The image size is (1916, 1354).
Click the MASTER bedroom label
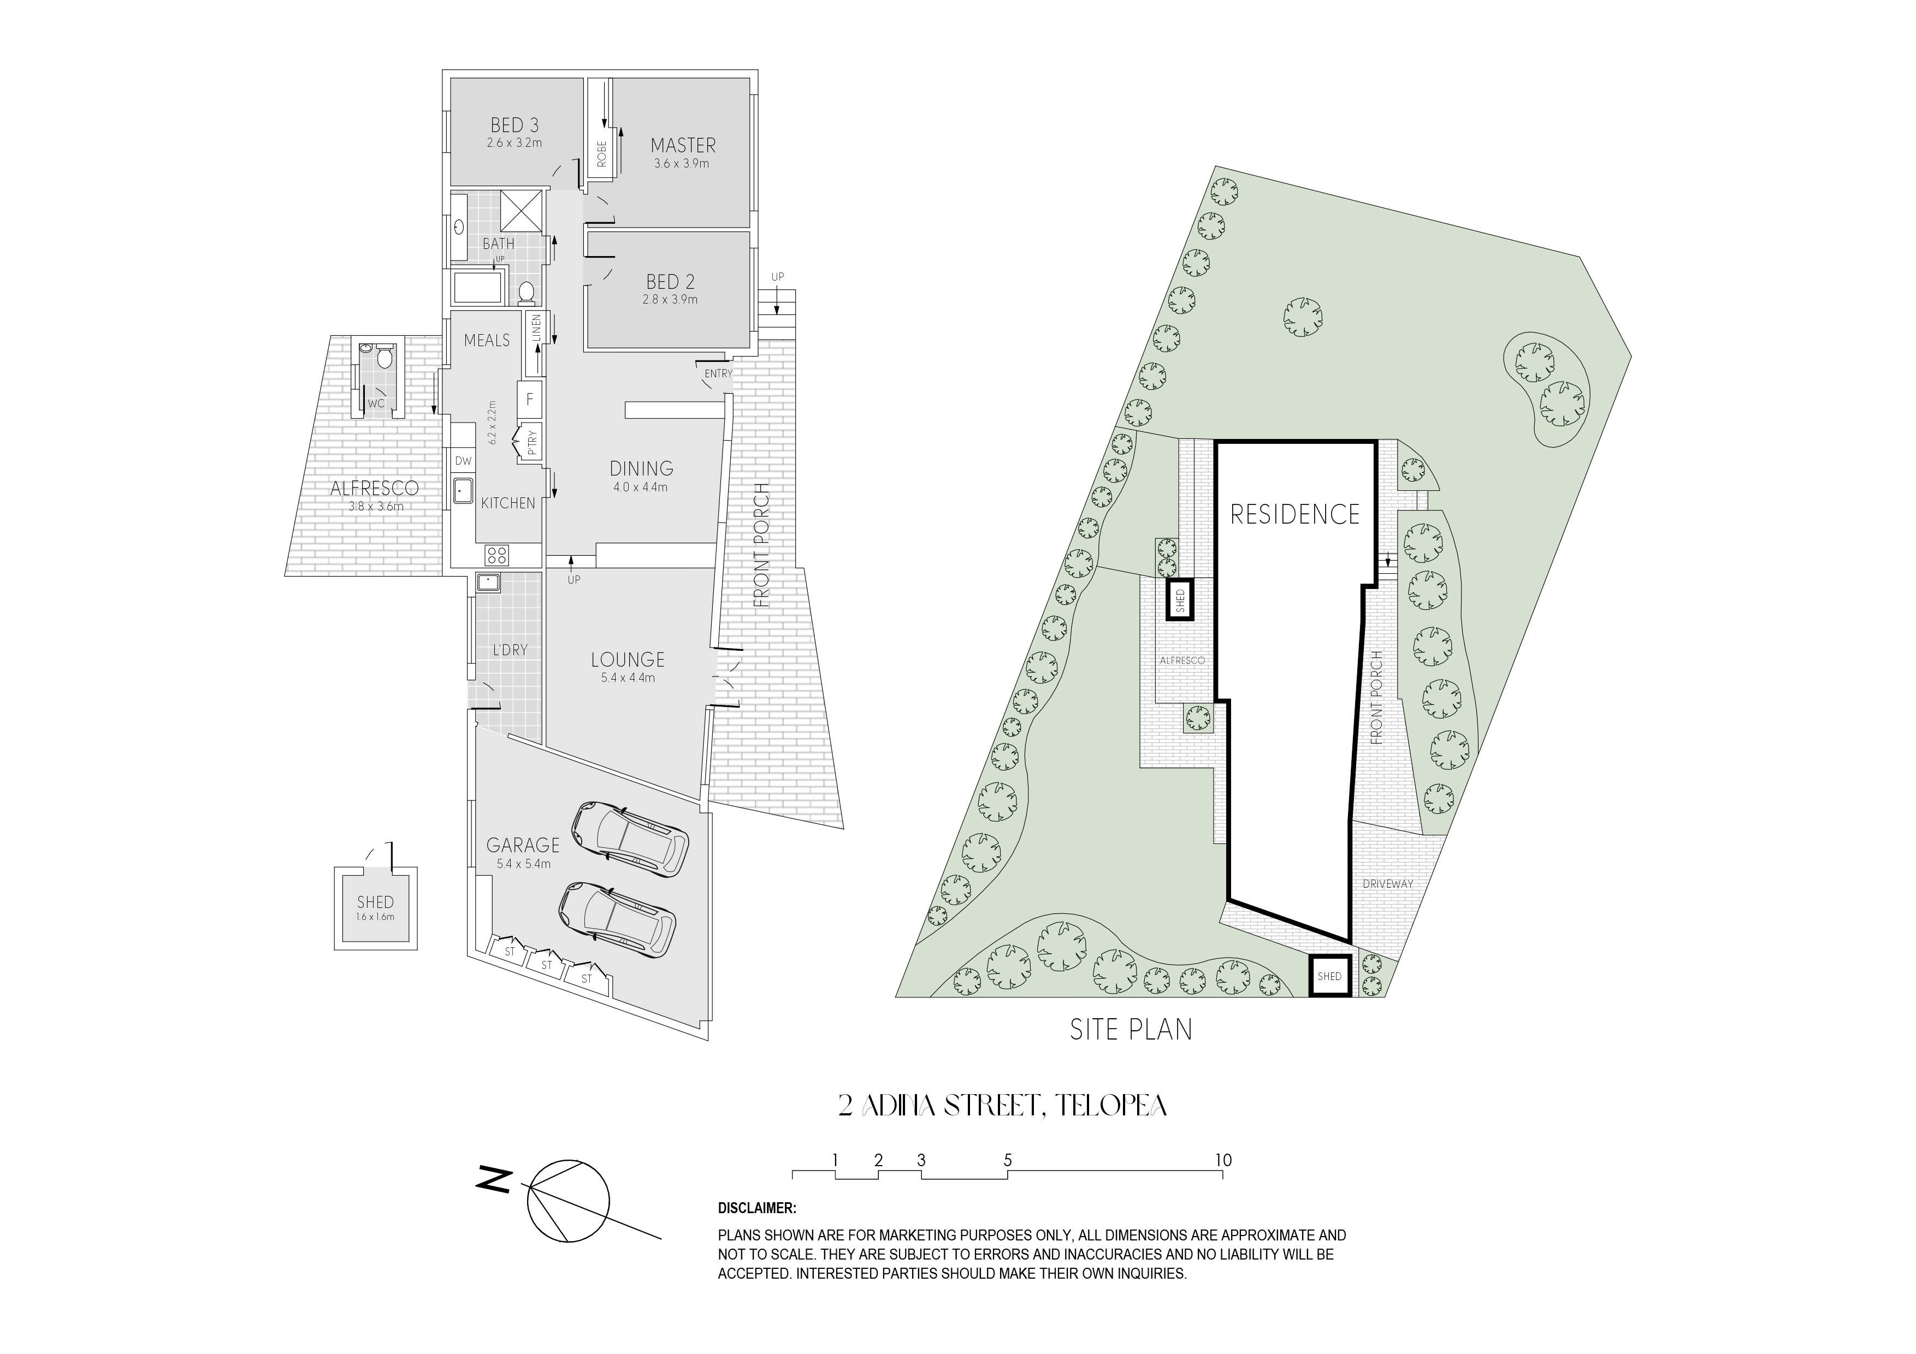coord(683,145)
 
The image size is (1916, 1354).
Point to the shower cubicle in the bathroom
coord(522,210)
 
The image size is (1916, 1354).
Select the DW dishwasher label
coord(463,460)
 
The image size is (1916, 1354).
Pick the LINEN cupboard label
coord(536,328)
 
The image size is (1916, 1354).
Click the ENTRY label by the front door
coord(718,374)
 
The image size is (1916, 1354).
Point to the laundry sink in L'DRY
coord(488,583)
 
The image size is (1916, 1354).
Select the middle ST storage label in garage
coord(547,965)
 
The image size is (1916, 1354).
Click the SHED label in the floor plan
coord(376,902)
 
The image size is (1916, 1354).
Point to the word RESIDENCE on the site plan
coord(1295,514)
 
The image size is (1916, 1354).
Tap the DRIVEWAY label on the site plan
coord(1388,883)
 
